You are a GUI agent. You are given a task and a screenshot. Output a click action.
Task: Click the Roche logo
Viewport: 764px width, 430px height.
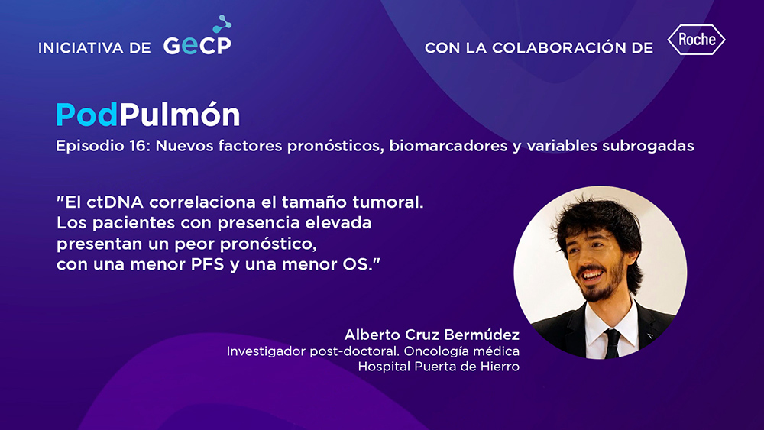(x=696, y=40)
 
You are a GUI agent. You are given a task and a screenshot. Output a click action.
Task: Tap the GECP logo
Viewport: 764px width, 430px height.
(x=197, y=36)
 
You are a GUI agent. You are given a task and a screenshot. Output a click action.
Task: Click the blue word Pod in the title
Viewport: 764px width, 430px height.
(x=87, y=115)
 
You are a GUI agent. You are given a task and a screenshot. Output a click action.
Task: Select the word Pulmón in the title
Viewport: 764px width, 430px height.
(x=180, y=115)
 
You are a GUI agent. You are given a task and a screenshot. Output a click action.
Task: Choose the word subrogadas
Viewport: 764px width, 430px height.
(x=648, y=146)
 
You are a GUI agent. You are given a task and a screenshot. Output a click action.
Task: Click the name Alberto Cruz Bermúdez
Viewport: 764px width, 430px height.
(x=432, y=335)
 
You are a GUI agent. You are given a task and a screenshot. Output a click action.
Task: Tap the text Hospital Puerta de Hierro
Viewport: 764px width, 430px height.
(x=439, y=366)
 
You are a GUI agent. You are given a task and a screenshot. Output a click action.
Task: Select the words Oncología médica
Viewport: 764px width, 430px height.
(x=461, y=351)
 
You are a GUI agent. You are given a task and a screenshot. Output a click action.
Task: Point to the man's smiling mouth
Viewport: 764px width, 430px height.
(x=591, y=275)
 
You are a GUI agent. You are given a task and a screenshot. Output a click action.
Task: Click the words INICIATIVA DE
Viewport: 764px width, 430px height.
(x=95, y=47)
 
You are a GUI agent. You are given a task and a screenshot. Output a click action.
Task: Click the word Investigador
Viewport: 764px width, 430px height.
(x=267, y=351)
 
